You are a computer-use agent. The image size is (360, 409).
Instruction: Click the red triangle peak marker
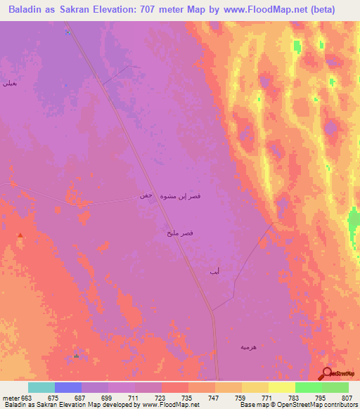point(20,235)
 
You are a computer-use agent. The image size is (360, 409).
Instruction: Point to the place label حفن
point(146,196)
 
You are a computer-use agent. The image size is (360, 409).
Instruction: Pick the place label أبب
point(214,271)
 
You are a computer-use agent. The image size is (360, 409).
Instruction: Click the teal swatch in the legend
point(41,387)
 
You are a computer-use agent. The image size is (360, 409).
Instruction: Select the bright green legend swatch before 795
point(308,387)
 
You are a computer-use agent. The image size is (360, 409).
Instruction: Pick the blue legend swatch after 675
point(68,387)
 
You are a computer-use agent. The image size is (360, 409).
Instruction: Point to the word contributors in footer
point(339,405)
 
